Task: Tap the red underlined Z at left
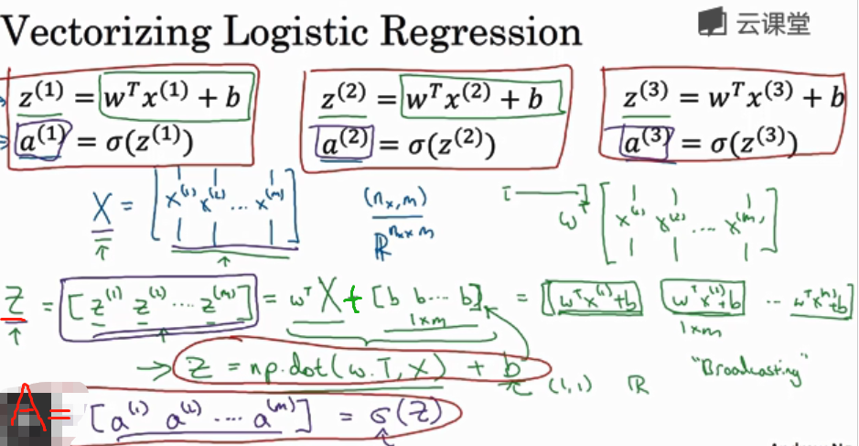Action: point(15,302)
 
